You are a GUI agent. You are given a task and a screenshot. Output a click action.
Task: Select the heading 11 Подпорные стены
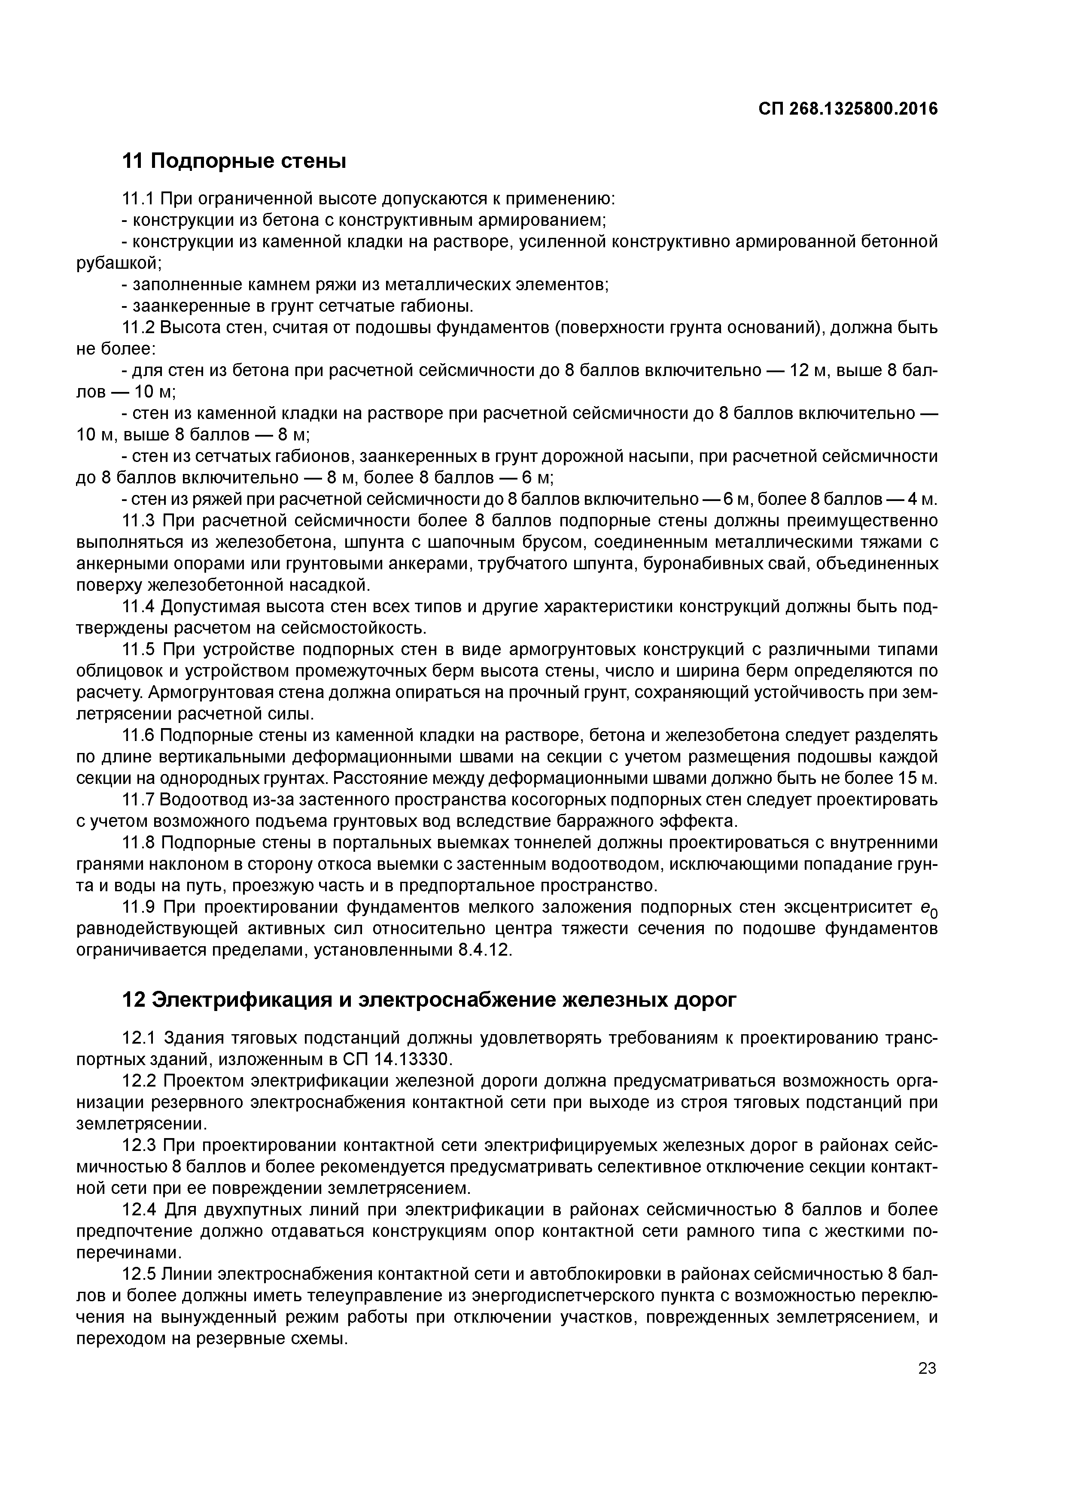234,161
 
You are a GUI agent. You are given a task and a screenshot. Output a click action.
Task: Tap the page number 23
927,1368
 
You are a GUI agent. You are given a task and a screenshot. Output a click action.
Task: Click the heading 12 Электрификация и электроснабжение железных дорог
430,999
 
